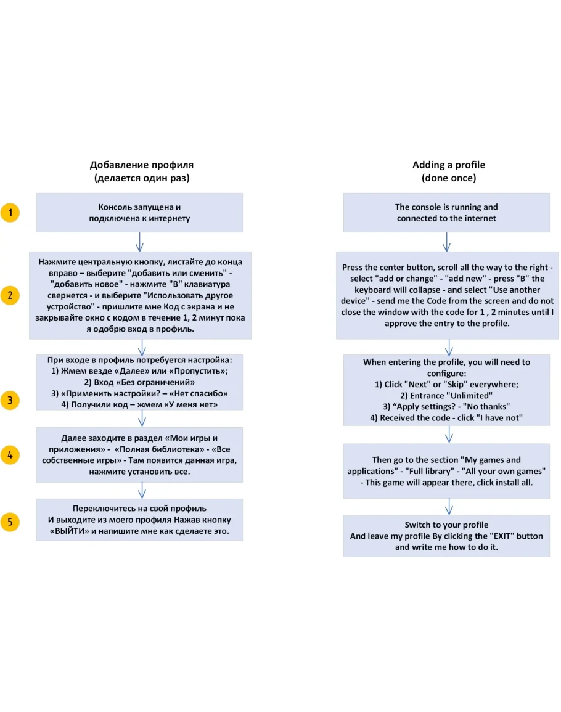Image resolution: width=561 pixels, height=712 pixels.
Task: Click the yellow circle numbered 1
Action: [10, 213]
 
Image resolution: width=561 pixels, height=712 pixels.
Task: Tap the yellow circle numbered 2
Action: [10, 295]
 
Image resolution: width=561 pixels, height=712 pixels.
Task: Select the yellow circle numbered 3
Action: [10, 400]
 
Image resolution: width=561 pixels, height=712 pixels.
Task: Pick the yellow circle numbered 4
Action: [10, 455]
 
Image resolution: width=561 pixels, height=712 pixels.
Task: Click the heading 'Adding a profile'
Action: [448, 165]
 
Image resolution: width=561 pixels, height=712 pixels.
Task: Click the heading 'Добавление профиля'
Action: [142, 165]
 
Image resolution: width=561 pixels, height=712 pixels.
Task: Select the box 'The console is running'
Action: [446, 213]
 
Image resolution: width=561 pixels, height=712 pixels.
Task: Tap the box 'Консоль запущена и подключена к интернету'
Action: [139, 213]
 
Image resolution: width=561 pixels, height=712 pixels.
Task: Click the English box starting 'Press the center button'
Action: [448, 295]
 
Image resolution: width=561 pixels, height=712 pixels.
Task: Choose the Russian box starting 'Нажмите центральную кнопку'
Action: [140, 295]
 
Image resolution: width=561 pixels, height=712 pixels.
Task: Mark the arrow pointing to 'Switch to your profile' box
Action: [449, 506]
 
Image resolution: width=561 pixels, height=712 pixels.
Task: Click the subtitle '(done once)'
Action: [448, 178]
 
